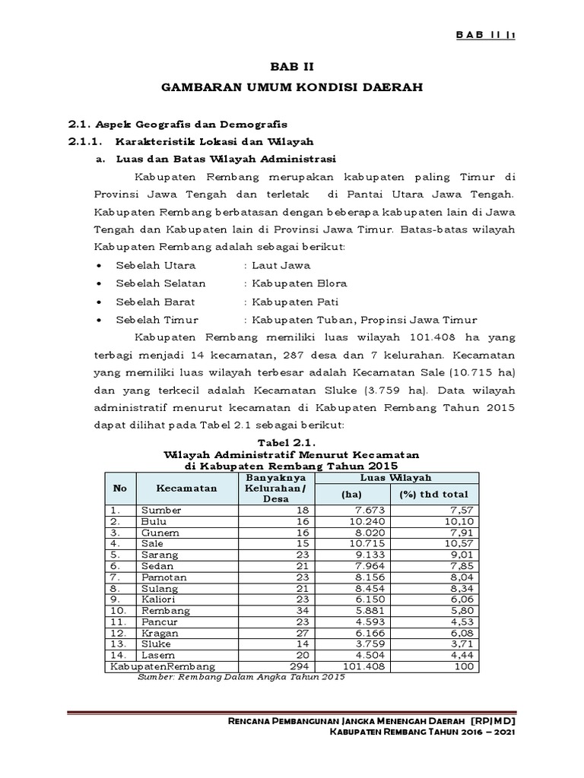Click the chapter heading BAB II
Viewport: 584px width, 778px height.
pos(292,66)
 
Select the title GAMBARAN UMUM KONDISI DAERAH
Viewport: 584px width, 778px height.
pos(292,88)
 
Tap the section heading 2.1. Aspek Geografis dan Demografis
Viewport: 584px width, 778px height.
pos(179,124)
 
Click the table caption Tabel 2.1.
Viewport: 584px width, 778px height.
pos(292,442)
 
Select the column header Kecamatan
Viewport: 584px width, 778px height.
pos(186,487)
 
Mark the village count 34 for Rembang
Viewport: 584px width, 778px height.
pos(303,610)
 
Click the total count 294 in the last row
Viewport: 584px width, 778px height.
pos(301,666)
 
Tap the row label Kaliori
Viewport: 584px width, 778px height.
pos(156,599)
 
